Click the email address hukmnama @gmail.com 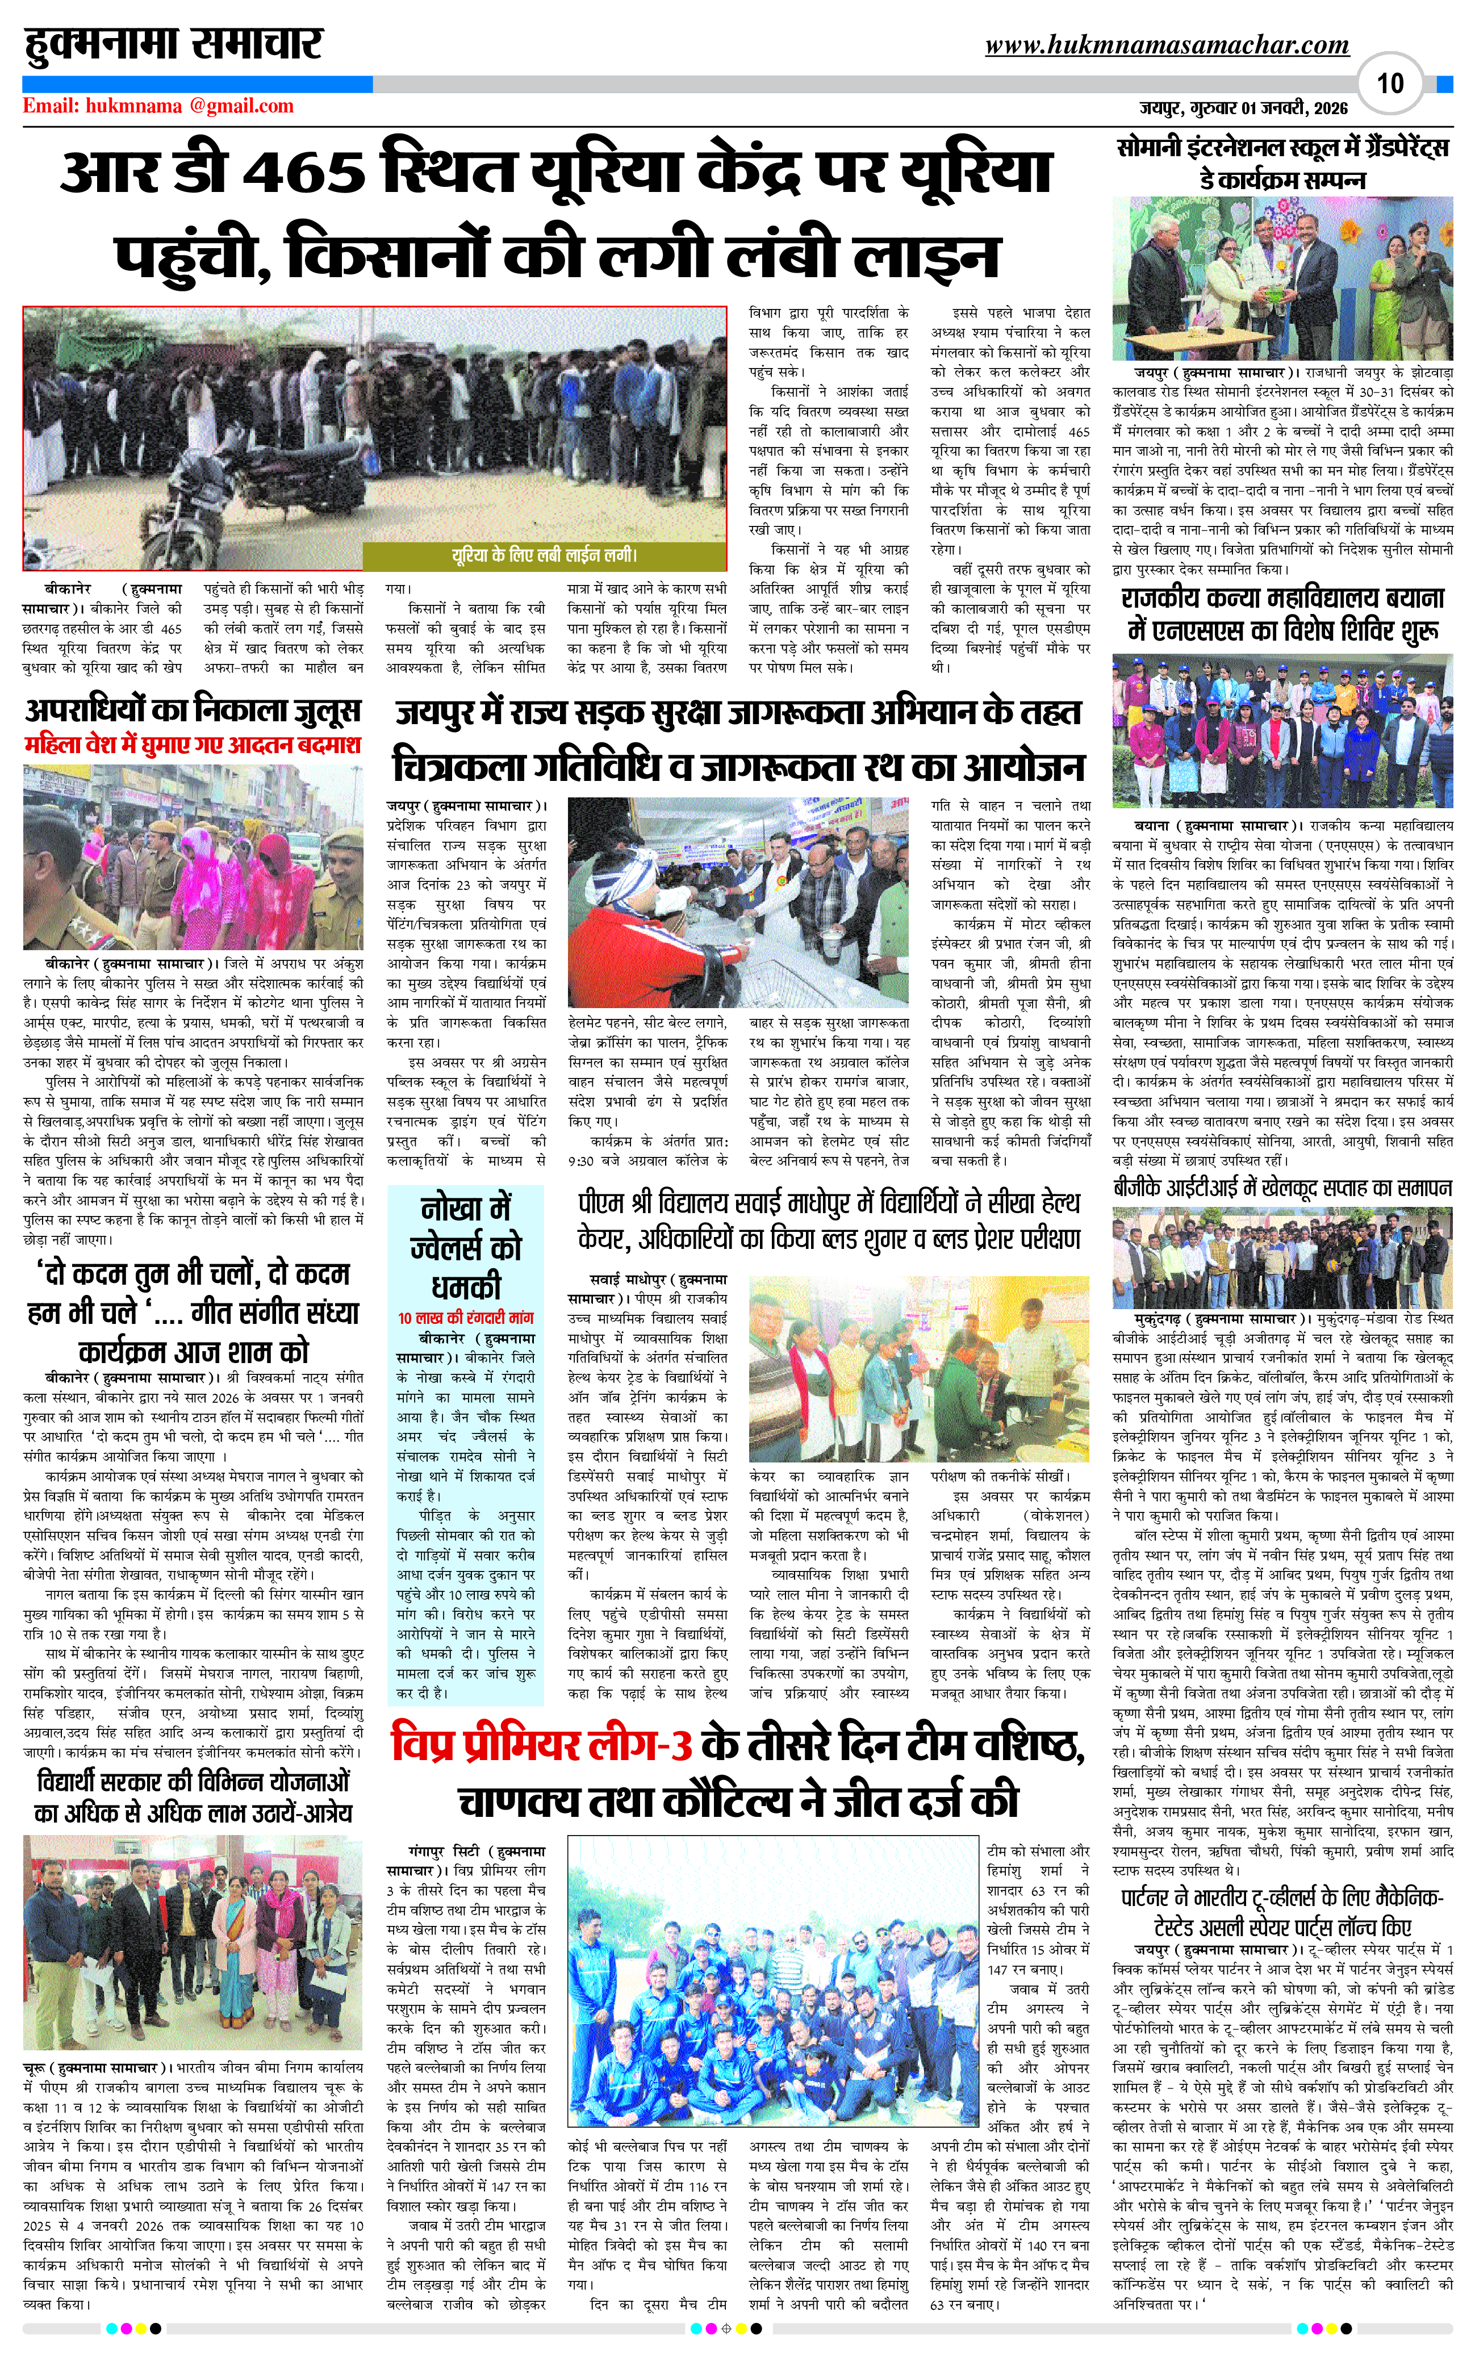(158, 106)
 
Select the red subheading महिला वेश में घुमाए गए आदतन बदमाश (193, 745)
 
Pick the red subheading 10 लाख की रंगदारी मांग (465, 1317)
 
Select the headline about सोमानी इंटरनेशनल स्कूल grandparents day (1282, 164)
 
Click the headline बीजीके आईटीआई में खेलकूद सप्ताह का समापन (1282, 1188)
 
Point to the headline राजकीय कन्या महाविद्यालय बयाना (1282, 615)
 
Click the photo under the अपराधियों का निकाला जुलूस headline (193, 856)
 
